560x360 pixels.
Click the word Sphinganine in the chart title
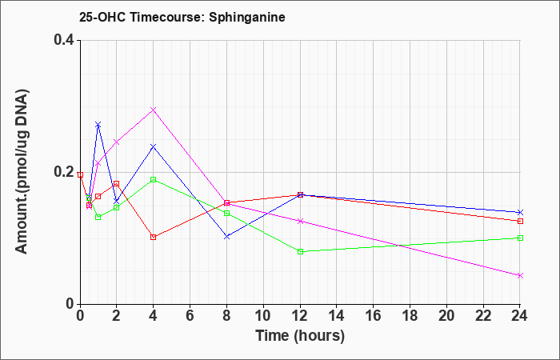tap(246, 17)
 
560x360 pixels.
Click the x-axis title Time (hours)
tap(300, 336)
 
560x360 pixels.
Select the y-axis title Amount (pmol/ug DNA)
tap(22, 172)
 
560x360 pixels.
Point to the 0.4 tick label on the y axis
tap(64, 40)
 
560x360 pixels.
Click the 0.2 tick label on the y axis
tap(64, 172)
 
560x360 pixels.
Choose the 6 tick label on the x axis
tap(190, 316)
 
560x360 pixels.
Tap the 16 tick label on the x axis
tap(374, 316)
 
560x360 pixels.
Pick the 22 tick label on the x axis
tap(483, 316)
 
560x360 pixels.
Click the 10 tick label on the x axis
tap(263, 316)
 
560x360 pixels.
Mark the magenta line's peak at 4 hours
tap(154, 110)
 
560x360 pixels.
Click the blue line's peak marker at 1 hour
tap(98, 124)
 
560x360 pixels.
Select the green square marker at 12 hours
tap(300, 251)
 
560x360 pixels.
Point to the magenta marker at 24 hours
tap(520, 275)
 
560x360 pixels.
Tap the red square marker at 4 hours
tap(154, 237)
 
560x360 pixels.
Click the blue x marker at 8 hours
tap(226, 237)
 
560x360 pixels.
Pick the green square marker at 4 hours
tap(154, 179)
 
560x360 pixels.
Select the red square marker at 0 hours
tap(80, 174)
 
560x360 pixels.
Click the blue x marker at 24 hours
tap(520, 212)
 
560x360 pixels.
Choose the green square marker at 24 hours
tap(520, 238)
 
